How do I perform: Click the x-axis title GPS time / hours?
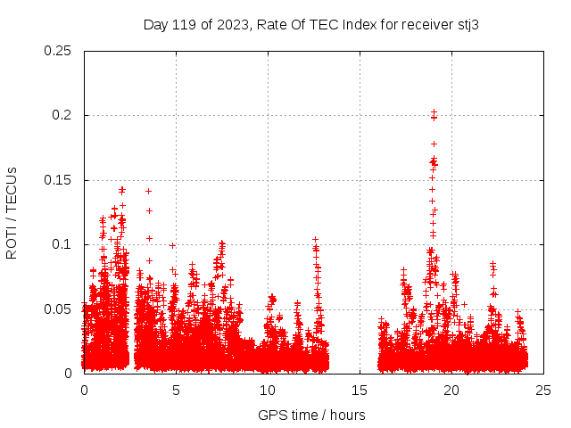pos(311,415)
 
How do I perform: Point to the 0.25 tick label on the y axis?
pos(58,51)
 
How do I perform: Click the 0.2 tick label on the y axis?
pos(62,115)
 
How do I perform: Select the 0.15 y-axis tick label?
pos(58,180)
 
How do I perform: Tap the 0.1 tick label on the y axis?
pos(62,244)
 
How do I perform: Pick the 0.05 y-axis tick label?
pos(58,309)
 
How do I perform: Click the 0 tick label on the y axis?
pos(70,374)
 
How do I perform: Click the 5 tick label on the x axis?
pos(176,390)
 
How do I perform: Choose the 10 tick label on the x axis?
pos(268,390)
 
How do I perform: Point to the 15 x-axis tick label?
pos(360,390)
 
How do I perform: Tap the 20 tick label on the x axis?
pos(451,390)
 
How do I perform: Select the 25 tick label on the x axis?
pos(543,390)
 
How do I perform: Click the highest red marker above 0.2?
pos(434,111)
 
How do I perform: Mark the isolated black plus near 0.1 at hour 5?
pos(172,245)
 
